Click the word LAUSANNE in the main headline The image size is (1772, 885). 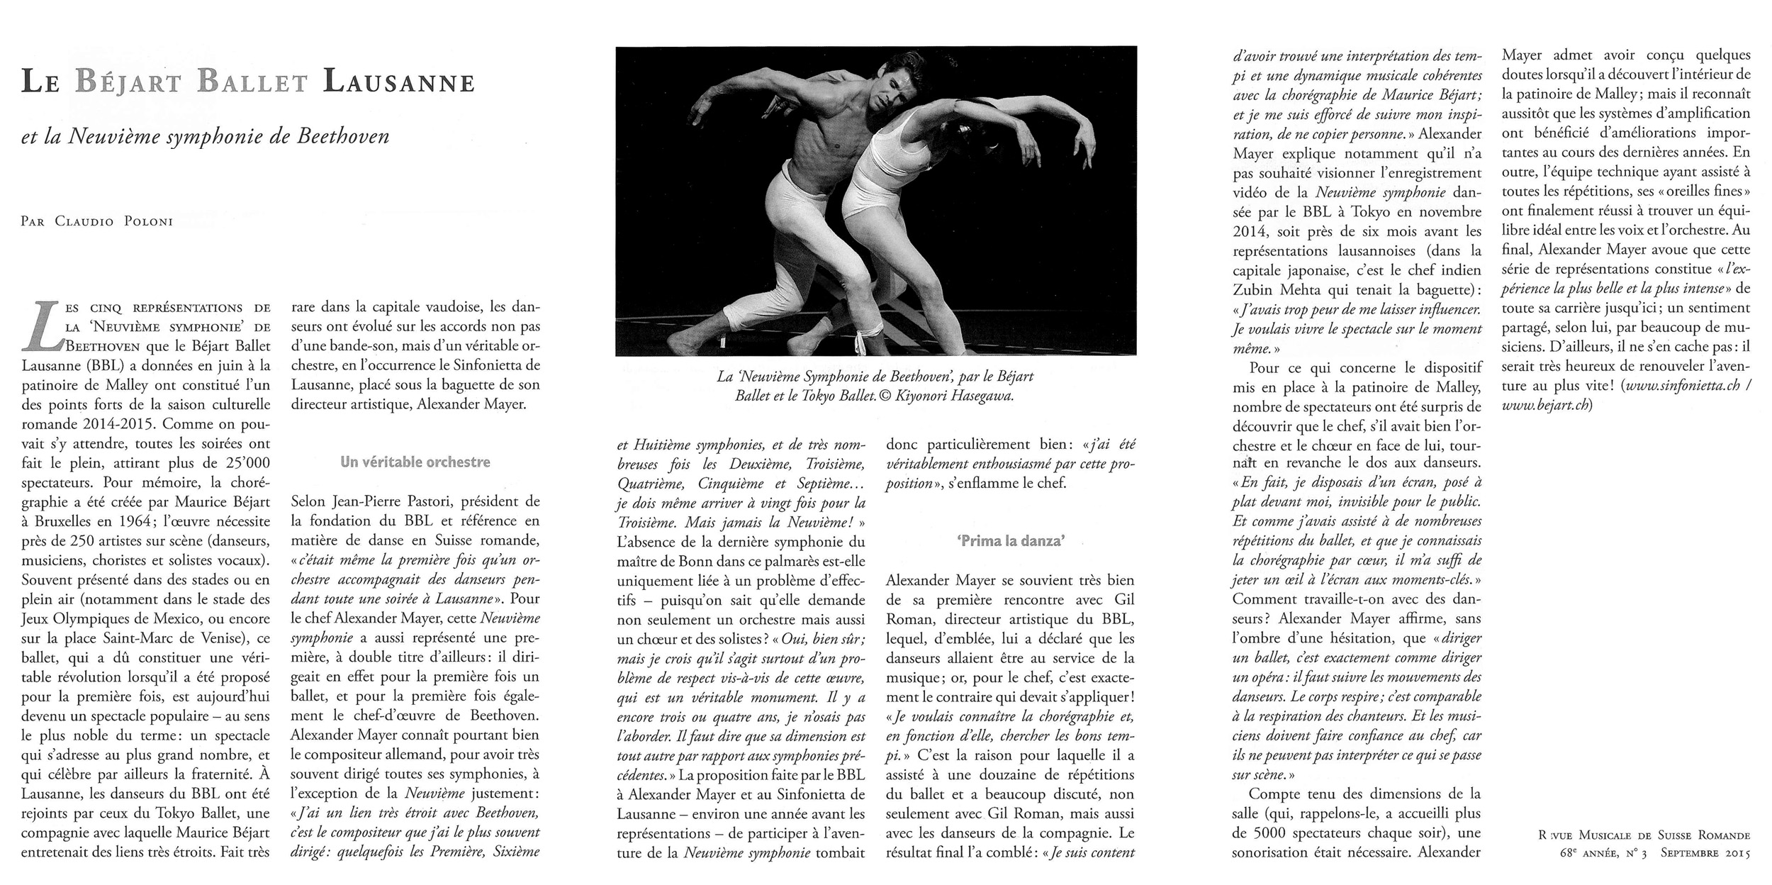click(398, 83)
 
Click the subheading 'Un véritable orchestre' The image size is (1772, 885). click(415, 462)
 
